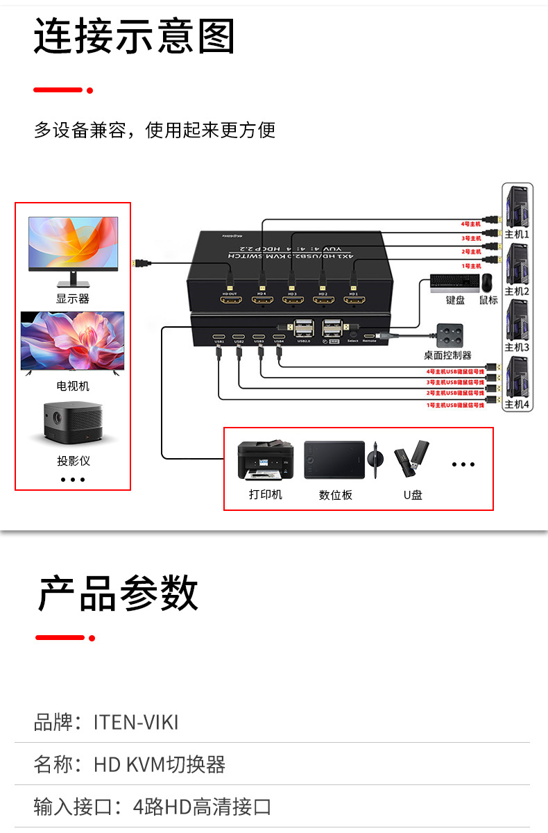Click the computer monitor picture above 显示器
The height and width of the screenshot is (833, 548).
pos(73,251)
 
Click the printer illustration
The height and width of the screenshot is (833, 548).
pos(265,461)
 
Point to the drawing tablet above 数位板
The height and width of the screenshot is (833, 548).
pos(334,460)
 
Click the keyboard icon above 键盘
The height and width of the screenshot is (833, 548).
pos(454,283)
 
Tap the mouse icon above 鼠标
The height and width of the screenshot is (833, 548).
pos(488,283)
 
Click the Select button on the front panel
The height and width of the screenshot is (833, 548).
pos(353,334)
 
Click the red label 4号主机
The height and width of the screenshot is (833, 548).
pos(471,224)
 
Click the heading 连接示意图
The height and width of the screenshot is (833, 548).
pos(135,37)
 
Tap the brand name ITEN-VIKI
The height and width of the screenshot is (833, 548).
pos(136,723)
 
